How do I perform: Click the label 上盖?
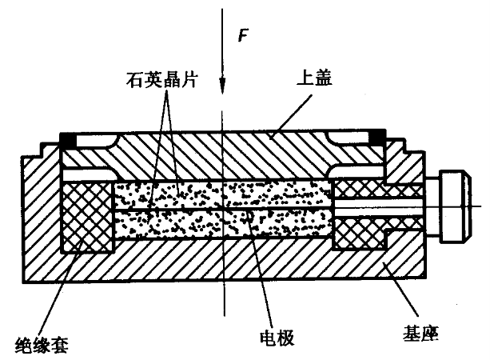pos(317,78)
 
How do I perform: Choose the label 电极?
pos(277,336)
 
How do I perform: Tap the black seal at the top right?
pos(377,141)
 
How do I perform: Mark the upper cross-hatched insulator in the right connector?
pos(376,190)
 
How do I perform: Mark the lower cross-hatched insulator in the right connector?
pos(360,232)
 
